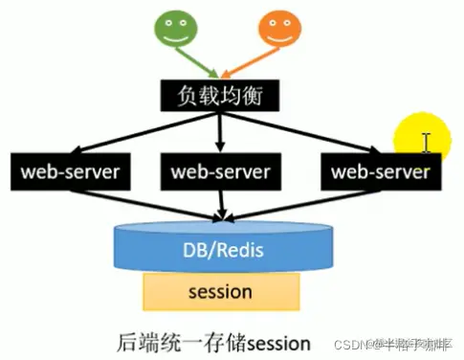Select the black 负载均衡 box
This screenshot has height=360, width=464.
point(223,97)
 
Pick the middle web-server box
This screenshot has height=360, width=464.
point(221,173)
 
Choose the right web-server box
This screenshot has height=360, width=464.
point(380,173)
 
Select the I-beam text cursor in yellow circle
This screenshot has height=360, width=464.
point(428,143)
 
